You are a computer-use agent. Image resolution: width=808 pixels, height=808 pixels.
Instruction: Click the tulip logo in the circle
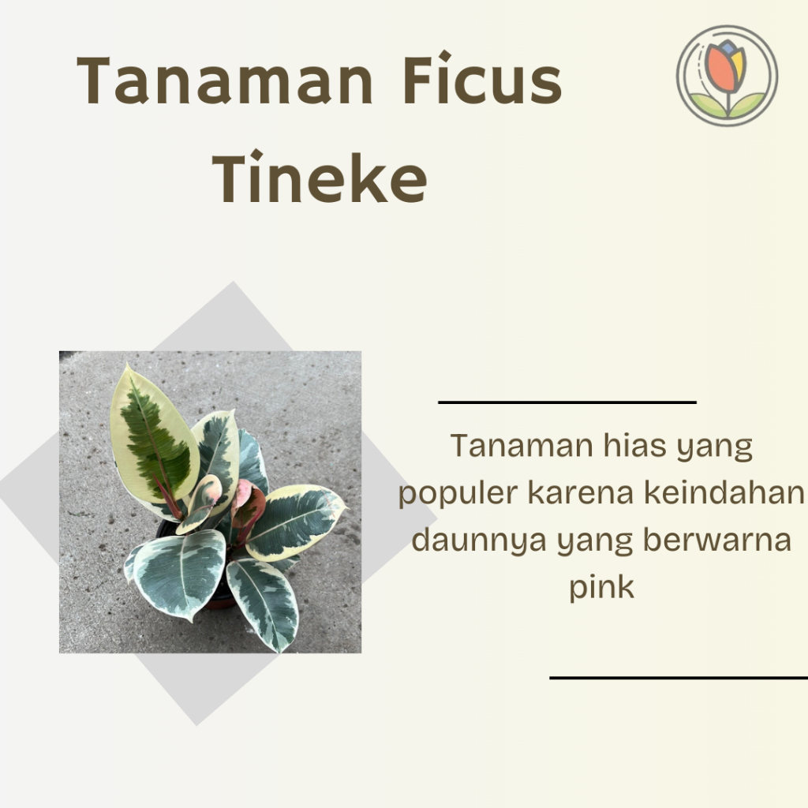pyautogui.click(x=727, y=76)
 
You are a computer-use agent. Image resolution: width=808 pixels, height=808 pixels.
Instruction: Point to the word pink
pyautogui.click(x=601, y=588)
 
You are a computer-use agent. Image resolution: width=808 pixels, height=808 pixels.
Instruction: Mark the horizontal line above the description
pyautogui.click(x=567, y=402)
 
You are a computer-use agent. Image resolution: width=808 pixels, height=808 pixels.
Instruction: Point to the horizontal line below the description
pyautogui.click(x=679, y=677)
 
